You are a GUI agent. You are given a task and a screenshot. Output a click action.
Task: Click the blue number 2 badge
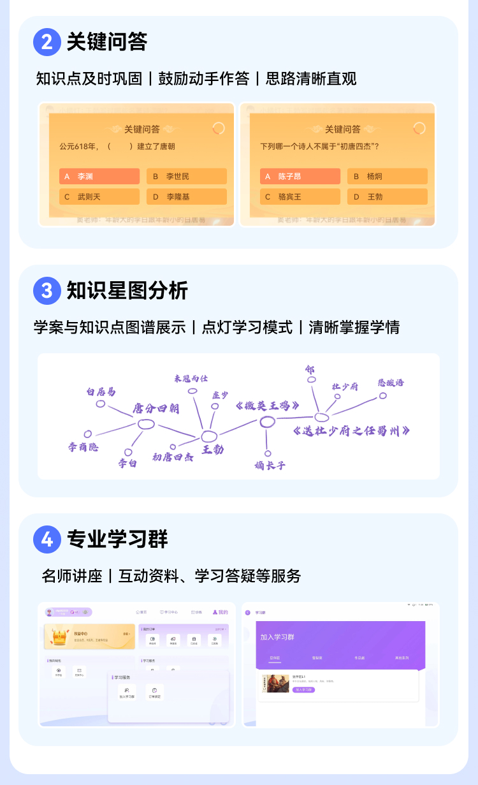[47, 42]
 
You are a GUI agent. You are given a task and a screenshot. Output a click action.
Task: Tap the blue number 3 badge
[47, 291]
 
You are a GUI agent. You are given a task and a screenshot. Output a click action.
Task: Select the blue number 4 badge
[47, 539]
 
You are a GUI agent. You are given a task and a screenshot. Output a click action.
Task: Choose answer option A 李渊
[99, 176]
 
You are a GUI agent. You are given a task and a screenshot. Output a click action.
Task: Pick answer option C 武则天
[99, 196]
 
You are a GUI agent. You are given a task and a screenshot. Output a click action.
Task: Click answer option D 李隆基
[187, 196]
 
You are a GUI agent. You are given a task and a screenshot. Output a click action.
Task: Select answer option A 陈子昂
[300, 176]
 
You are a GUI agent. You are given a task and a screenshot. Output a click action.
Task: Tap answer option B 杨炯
[387, 176]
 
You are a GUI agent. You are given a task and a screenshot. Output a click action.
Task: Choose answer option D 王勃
[387, 196]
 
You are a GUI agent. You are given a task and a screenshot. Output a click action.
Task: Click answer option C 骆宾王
[300, 196]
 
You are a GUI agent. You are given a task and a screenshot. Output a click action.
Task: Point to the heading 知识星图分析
[127, 291]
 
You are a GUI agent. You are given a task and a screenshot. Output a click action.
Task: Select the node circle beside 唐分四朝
[147, 424]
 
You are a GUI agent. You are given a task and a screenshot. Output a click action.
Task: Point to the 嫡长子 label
[270, 466]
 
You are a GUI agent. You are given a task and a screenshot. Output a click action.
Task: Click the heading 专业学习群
[117, 539]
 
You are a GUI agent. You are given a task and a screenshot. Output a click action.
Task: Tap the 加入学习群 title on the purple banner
[277, 637]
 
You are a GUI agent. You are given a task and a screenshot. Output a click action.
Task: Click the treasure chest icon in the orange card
[61, 636]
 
